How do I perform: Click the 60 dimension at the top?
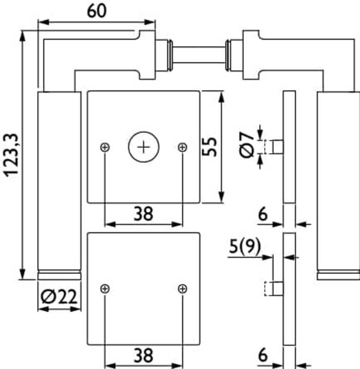coord(96,11)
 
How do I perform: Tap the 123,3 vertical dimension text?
coord(10,155)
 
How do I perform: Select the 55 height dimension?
coord(210,147)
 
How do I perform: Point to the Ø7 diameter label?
coord(246,146)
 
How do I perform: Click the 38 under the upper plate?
coord(144,214)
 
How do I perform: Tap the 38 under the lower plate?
coord(144,355)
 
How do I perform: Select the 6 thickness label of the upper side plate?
coord(263,214)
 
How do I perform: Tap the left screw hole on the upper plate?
coord(105,147)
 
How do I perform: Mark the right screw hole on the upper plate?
coord(182,147)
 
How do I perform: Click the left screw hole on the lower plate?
coord(105,289)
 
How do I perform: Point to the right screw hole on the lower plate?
coord(182,289)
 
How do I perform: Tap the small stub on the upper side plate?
coord(277,147)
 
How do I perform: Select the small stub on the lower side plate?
coord(277,289)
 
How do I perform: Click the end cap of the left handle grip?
coord(59,275)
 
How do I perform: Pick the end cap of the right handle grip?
coord(338,275)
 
